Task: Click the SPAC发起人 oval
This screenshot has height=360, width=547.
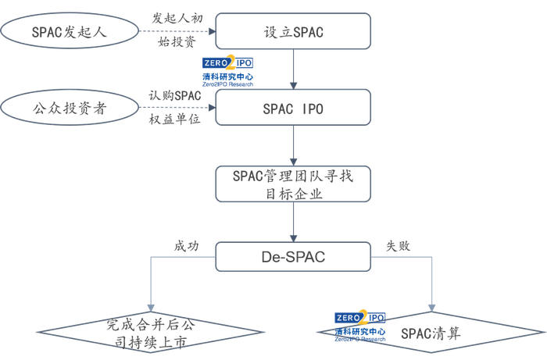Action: coord(70,32)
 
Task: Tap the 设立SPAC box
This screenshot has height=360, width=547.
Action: coord(293,32)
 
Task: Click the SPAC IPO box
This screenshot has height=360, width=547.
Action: coord(293,107)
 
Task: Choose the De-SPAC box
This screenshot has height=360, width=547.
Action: coord(293,255)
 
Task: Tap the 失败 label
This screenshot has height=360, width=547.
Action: coord(399,245)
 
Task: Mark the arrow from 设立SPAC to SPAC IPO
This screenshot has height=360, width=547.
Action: coord(293,69)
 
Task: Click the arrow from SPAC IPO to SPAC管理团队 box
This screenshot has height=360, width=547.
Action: coord(293,145)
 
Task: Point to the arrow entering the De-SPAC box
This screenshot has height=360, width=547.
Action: coord(293,223)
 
